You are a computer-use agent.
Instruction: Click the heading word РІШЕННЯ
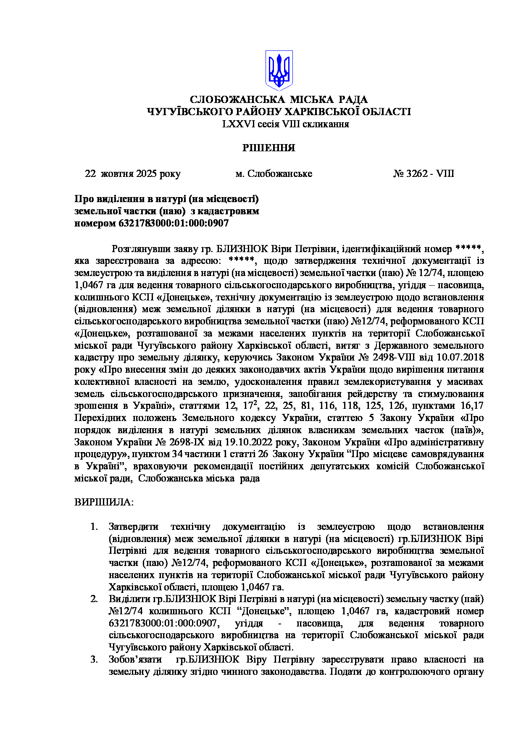tap(268, 148)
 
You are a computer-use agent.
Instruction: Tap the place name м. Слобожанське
tap(274, 174)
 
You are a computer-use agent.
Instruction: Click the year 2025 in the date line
tap(146, 174)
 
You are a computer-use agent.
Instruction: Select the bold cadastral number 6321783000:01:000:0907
tap(174, 223)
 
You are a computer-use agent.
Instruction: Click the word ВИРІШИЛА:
tap(104, 503)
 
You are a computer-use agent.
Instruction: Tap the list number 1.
tap(94, 527)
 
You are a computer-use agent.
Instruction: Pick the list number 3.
tap(94, 660)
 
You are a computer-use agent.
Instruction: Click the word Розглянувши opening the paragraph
tap(138, 249)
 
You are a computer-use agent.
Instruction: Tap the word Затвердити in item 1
tap(134, 527)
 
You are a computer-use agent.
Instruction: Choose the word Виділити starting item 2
tap(129, 599)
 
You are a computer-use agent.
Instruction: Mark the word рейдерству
tap(371, 394)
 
